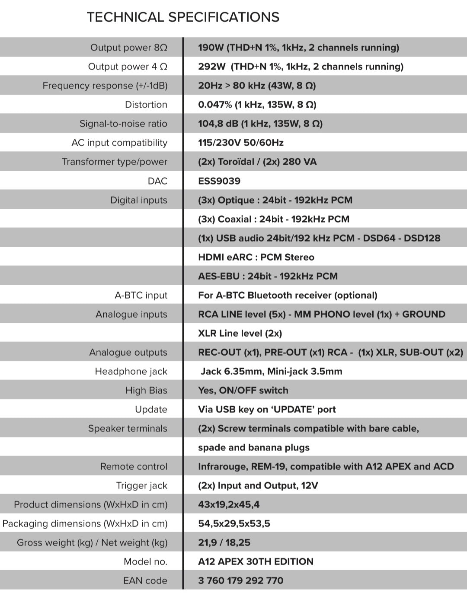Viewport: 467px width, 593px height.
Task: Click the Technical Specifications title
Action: pyautogui.click(x=183, y=17)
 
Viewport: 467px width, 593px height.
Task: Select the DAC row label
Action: pyautogui.click(x=157, y=181)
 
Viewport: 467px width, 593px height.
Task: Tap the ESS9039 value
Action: pyautogui.click(x=219, y=181)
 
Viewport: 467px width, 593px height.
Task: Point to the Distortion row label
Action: pyautogui.click(x=146, y=105)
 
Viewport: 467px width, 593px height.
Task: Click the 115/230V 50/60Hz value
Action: pyautogui.click(x=241, y=143)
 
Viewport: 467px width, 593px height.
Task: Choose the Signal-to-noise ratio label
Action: pyautogui.click(x=123, y=124)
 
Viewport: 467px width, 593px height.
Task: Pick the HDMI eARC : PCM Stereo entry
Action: pyautogui.click(x=256, y=257)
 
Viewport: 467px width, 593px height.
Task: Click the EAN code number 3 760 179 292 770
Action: pyautogui.click(x=241, y=580)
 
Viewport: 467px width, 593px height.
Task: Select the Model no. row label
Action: pyautogui.click(x=145, y=561)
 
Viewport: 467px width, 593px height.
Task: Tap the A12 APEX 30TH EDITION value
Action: pyautogui.click(x=256, y=561)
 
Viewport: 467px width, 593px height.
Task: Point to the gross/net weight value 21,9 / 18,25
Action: pyautogui.click(x=224, y=542)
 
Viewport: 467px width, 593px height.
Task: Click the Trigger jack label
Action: pyautogui.click(x=141, y=485)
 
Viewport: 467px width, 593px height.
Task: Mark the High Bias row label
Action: pyautogui.click(x=146, y=390)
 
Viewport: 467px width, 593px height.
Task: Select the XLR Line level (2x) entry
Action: pyautogui.click(x=240, y=333)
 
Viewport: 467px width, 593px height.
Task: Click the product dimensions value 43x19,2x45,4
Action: pyautogui.click(x=229, y=504)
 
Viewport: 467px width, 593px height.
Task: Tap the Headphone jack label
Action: pyautogui.click(x=131, y=371)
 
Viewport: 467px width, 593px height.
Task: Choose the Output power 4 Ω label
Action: pyautogui.click(x=128, y=67)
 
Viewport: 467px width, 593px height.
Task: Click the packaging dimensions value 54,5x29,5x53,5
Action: pyautogui.click(x=234, y=523)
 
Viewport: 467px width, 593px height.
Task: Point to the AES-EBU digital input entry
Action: pyautogui.click(x=268, y=276)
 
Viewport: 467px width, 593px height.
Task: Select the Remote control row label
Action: pyautogui.click(x=134, y=466)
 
